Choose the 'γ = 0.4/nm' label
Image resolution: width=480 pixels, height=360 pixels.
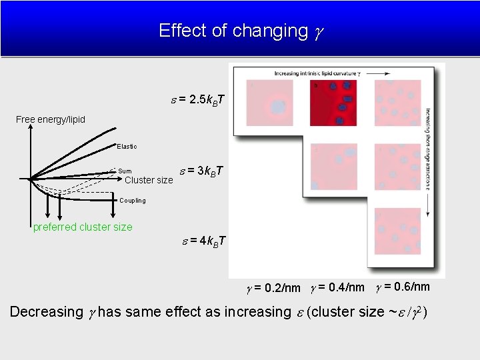click(x=337, y=287)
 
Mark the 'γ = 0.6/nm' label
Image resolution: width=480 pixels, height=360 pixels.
click(x=403, y=287)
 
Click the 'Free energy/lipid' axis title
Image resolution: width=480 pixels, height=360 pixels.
click(x=51, y=120)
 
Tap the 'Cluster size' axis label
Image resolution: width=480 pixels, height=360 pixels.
click(x=149, y=180)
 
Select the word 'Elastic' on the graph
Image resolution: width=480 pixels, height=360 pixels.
click(x=127, y=146)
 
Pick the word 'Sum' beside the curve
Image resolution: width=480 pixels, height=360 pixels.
click(x=125, y=171)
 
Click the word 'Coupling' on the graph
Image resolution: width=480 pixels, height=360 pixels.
click(x=132, y=200)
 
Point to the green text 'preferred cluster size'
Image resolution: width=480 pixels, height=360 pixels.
click(x=83, y=227)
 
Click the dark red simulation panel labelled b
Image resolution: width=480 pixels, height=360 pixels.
click(x=333, y=103)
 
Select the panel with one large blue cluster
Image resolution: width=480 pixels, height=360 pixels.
click(x=269, y=103)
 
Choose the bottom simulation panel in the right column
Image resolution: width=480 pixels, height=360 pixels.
click(x=397, y=231)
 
